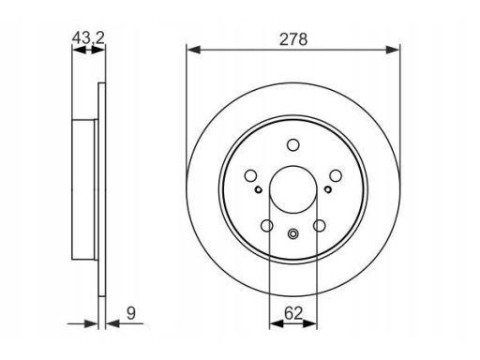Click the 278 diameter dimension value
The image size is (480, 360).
pyautogui.click(x=293, y=39)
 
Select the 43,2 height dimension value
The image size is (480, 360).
pyautogui.click(x=88, y=38)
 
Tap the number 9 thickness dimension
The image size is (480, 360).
pyautogui.click(x=131, y=313)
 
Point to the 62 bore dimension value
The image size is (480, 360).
pyautogui.click(x=293, y=313)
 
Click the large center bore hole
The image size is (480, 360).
pyautogui.click(x=293, y=189)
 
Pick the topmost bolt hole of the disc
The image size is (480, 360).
pyautogui.click(x=293, y=145)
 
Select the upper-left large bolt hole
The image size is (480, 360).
pyautogui.click(x=250, y=175)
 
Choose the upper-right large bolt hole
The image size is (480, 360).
pyautogui.click(x=336, y=175)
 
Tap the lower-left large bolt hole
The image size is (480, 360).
pyautogui.click(x=267, y=226)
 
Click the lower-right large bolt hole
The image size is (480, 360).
pyautogui.click(x=320, y=226)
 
